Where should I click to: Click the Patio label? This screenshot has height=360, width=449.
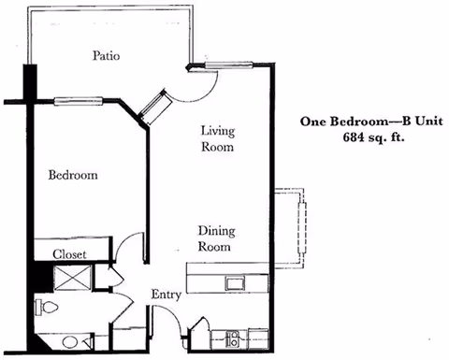pos(106,56)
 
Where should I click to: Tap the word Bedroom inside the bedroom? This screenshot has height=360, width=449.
pos(73,175)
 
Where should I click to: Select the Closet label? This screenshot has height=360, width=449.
pos(69,254)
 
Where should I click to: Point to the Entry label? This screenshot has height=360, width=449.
pos(166,295)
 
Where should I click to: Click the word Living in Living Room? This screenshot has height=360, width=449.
pos(218,131)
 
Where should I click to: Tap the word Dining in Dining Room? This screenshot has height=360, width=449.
pos(217,231)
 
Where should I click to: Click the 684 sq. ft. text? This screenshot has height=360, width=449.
pos(373,137)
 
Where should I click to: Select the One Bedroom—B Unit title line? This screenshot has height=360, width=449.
pos(371,122)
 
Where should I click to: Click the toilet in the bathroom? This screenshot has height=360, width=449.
pos(47,308)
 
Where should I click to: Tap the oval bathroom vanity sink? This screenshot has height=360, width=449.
pos(70,342)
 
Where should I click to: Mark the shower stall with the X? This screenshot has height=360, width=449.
pos(72,279)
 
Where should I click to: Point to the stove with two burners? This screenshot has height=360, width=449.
pos(233,338)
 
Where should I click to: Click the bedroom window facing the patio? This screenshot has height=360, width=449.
pos(79,101)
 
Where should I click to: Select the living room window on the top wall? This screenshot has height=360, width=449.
pos(229,65)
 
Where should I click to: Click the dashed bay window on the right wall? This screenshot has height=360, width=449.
pos(290,228)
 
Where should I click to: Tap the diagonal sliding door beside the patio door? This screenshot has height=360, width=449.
pos(155,107)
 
